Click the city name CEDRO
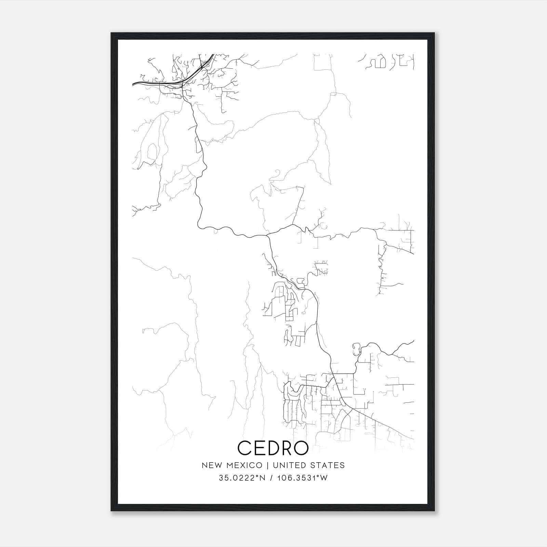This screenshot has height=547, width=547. point(273,448)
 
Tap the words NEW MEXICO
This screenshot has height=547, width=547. point(232,465)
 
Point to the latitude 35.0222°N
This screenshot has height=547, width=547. point(242,478)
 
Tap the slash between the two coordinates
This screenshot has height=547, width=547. point(271,478)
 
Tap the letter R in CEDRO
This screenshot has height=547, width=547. point(286,448)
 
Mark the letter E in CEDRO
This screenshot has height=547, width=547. point(259,448)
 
